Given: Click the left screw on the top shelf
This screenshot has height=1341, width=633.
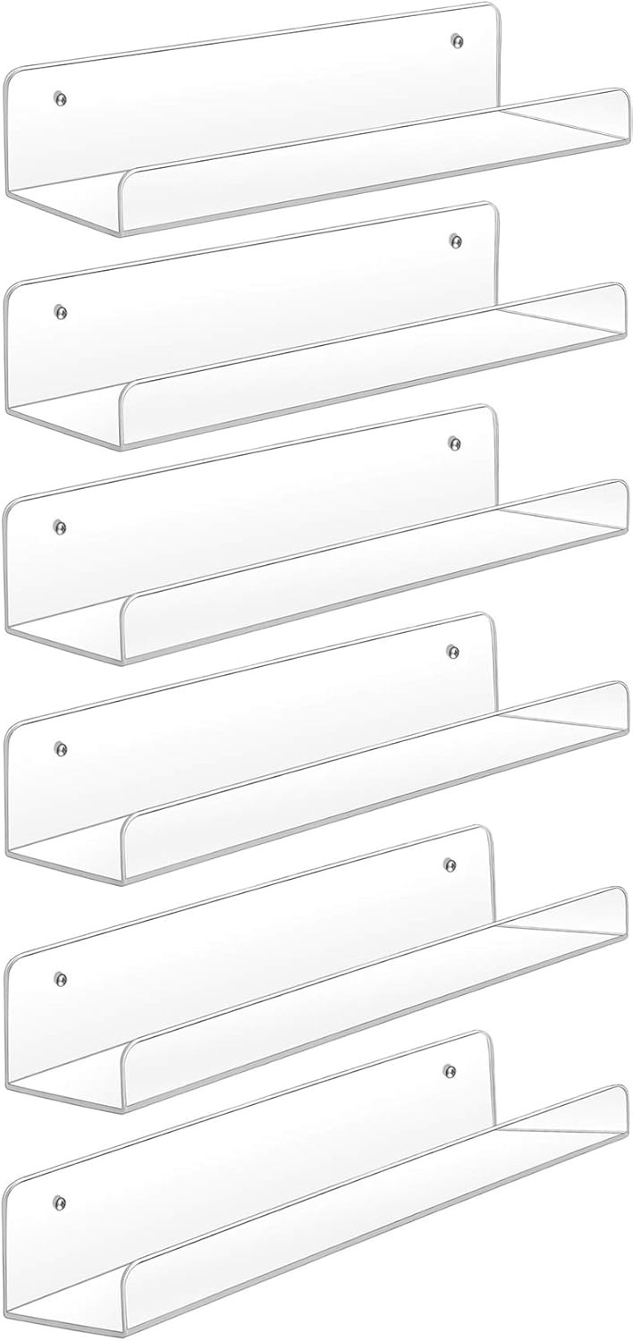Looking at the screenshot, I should click(x=60, y=97).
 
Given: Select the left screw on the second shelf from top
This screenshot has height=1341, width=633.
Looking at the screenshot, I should click(x=60, y=312).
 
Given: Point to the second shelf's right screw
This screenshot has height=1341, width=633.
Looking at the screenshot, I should click(x=455, y=240).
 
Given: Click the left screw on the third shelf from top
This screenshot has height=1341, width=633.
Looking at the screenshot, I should click(x=60, y=526).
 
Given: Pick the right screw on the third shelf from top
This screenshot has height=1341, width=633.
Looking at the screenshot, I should click(x=454, y=443).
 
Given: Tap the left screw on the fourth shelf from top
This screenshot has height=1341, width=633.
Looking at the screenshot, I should click(x=60, y=746).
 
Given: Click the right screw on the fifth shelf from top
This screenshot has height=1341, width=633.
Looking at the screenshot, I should click(x=451, y=864).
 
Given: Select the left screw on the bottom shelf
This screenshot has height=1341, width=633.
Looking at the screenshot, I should click(x=60, y=1201).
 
